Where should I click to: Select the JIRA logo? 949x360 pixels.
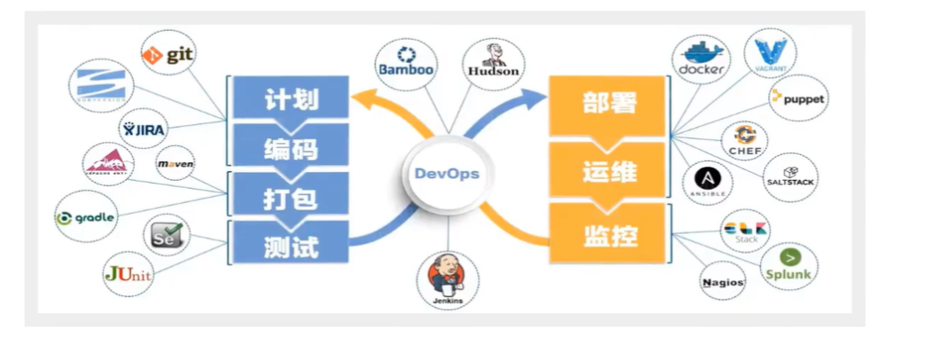point(145,129)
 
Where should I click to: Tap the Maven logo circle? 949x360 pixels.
point(175,164)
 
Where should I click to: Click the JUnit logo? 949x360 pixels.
point(128,274)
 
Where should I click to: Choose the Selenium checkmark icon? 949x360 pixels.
point(167,237)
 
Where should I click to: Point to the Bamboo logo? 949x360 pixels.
point(404,64)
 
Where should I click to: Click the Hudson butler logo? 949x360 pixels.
point(493,64)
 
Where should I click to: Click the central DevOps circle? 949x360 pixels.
point(447,174)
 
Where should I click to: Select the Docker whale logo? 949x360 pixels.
point(702,59)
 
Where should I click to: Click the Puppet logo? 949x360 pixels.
point(797,98)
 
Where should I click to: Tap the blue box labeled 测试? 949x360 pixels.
point(291,244)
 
